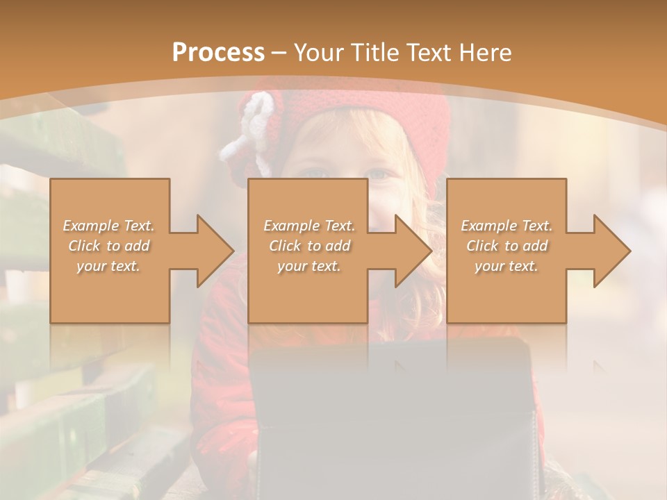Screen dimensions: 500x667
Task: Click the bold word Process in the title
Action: pyautogui.click(x=218, y=53)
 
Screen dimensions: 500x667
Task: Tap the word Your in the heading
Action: pyautogui.click(x=316, y=53)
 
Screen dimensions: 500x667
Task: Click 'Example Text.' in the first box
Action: pyautogui.click(x=109, y=226)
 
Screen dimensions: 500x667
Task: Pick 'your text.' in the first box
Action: pyautogui.click(x=109, y=266)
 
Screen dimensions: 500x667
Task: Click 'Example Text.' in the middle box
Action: pyautogui.click(x=309, y=226)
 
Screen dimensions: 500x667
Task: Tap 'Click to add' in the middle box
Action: pyautogui.click(x=309, y=246)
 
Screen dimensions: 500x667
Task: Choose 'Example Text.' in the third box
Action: pyautogui.click(x=507, y=226)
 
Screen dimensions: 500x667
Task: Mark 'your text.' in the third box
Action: pyautogui.click(x=507, y=266)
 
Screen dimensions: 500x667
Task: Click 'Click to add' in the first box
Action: pyautogui.click(x=109, y=246)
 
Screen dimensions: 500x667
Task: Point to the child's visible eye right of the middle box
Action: pyautogui.click(x=380, y=174)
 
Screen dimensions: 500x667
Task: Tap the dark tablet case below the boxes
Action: pyautogui.click(x=393, y=417)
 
